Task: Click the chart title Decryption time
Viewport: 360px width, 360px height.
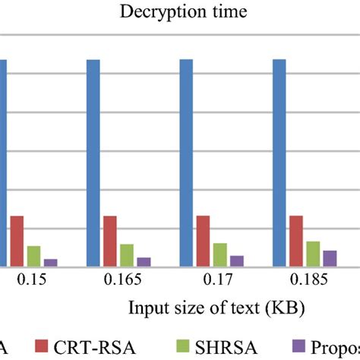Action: [179, 12]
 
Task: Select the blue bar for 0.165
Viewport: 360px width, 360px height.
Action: [93, 163]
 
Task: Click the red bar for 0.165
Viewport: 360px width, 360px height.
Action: [110, 241]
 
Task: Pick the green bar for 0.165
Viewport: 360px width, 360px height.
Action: [127, 254]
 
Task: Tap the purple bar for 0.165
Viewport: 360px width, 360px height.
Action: [144, 261]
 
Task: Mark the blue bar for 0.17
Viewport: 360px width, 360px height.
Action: [186, 163]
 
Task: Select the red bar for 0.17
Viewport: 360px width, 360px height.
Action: [203, 241]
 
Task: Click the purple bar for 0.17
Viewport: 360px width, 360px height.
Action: [237, 261]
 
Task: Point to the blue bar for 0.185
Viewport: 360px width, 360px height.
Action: [279, 163]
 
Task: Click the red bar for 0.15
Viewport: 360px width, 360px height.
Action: [17, 241]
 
